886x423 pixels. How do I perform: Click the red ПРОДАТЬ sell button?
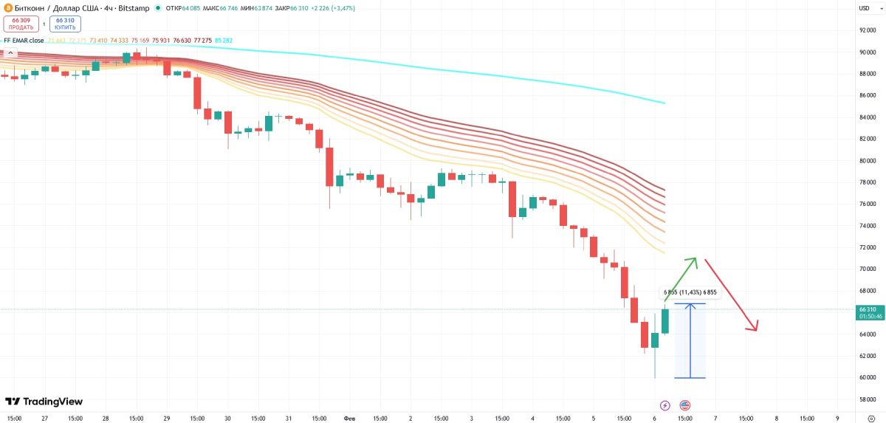click(21, 24)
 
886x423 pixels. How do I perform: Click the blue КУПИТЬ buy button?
click(65, 24)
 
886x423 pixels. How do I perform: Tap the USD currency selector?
click(864, 7)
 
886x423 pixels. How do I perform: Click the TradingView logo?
click(44, 402)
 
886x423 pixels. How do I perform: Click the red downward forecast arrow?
click(732, 295)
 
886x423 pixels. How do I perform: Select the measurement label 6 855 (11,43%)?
click(690, 292)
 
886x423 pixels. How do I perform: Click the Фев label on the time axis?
click(349, 418)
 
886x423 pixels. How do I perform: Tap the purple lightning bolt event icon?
click(664, 405)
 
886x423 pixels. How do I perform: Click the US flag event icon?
click(684, 405)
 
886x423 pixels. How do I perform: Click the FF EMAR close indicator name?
click(24, 41)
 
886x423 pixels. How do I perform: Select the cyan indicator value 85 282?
click(222, 41)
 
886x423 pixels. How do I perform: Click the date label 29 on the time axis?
click(167, 418)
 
